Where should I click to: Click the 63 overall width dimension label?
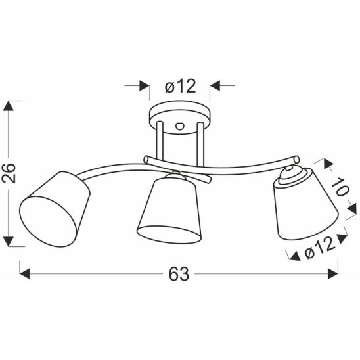tap(179, 274)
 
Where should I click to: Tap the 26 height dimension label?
tap(9, 173)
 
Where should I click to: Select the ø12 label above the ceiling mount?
tap(180, 86)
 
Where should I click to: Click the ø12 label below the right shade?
tap(319, 248)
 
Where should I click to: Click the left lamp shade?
tap(55, 209)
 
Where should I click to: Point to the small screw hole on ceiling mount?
tap(179, 126)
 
